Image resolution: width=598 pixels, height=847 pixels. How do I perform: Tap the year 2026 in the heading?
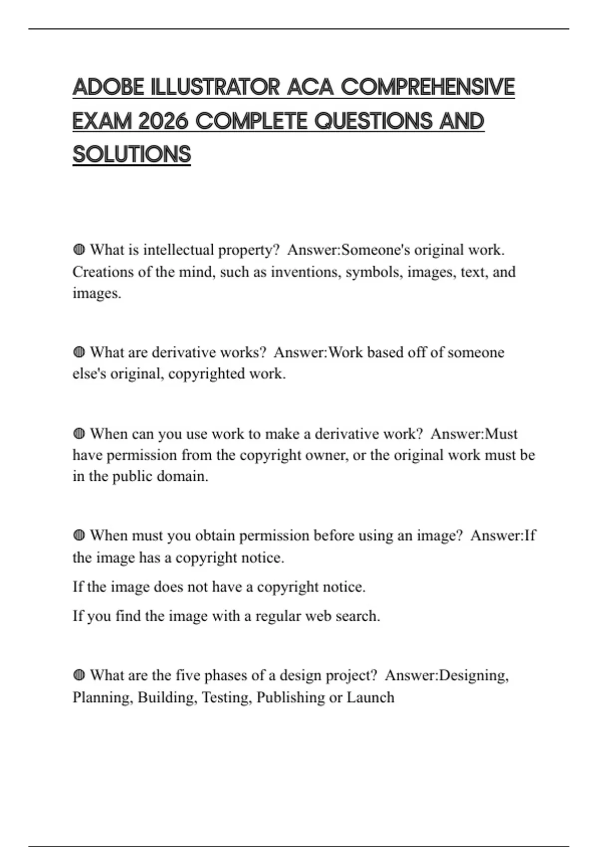click(x=162, y=121)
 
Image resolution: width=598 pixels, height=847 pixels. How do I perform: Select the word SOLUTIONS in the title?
click(x=132, y=154)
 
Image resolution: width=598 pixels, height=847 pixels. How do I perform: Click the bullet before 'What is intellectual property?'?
click(x=79, y=250)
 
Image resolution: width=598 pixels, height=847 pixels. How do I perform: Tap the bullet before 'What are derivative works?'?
click(x=79, y=352)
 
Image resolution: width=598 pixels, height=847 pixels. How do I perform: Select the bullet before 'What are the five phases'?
click(x=79, y=676)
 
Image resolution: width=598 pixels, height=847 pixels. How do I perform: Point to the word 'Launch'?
click(x=370, y=698)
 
